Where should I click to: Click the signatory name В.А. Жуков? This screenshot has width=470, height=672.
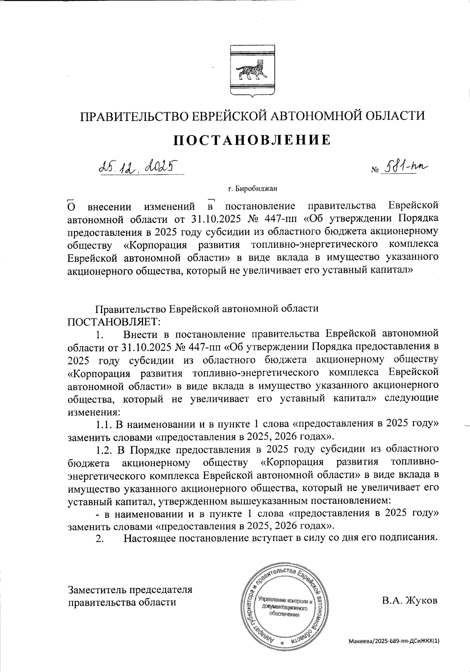coord(410,600)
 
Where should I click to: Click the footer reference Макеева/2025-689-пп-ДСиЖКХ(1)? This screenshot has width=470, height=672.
coord(394,641)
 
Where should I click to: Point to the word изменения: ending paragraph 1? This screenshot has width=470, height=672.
coord(94,412)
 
